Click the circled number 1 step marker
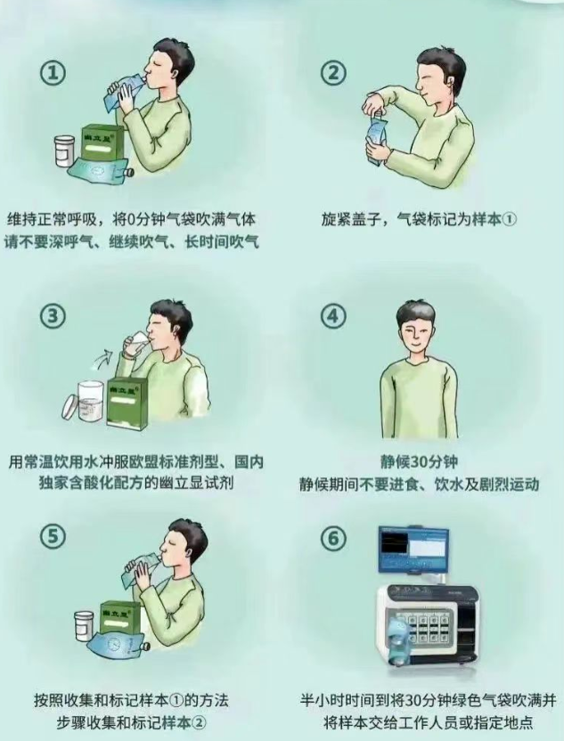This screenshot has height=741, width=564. click(53, 73)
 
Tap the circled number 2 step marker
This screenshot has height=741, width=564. click(333, 73)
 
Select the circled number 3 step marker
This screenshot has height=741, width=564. click(53, 315)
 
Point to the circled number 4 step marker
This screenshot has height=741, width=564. click(333, 315)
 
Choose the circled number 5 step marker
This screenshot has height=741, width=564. click(53, 536)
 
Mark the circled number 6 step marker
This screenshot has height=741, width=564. click(333, 538)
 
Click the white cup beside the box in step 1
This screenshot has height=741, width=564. click(64, 151)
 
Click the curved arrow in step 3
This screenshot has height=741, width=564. click(103, 357)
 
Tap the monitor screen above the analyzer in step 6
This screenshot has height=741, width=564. click(413, 550)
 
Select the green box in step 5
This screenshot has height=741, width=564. click(120, 618)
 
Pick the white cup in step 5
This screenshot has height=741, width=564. click(84, 626)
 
